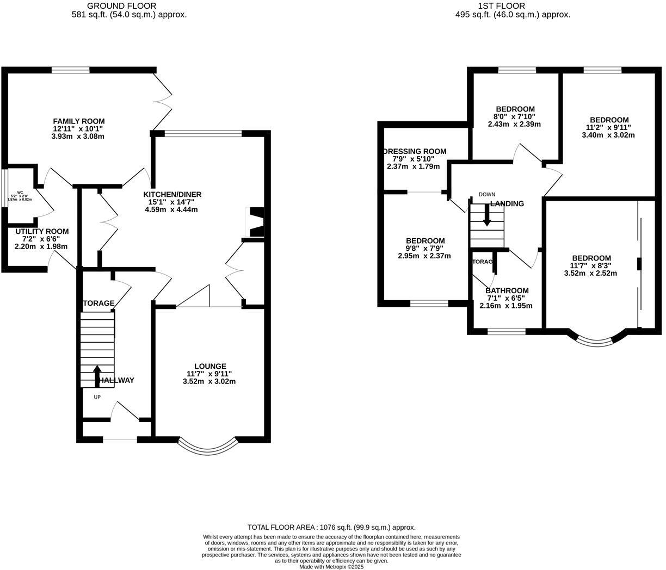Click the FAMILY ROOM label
[x=78, y=121]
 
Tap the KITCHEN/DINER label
[x=172, y=194]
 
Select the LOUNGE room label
[x=210, y=366]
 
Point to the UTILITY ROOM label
[x=42, y=231]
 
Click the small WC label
[x=20, y=193]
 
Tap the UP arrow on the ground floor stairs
[x=97, y=375]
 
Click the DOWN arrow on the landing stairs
[x=487, y=216]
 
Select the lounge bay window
[x=208, y=447]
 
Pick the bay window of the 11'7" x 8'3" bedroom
[x=597, y=340]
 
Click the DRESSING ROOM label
[x=415, y=151]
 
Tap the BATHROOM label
[x=507, y=290]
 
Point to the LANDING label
[x=507, y=203]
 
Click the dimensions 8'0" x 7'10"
[x=514, y=116]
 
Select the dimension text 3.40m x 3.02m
[x=608, y=135]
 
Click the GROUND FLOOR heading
[x=129, y=6]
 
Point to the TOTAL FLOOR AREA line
[x=331, y=527]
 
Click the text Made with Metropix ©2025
[x=331, y=566]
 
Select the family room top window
[x=71, y=70]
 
